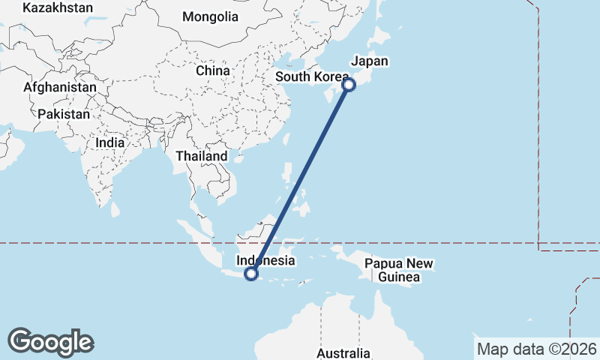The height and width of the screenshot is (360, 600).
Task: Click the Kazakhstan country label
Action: tap(58, 7)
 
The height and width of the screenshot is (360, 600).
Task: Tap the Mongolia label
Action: tap(210, 16)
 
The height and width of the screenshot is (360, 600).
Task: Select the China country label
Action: tap(211, 70)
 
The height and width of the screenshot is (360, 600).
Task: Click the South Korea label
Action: tap(312, 77)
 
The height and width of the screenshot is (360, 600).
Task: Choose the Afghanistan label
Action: tap(60, 87)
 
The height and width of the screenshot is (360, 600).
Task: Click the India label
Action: tap(110, 142)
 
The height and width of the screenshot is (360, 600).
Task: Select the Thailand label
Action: tap(201, 156)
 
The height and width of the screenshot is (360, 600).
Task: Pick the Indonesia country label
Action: tap(265, 261)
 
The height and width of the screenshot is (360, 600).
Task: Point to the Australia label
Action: tap(343, 352)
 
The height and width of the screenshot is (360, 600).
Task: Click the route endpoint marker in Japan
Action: tap(349, 85)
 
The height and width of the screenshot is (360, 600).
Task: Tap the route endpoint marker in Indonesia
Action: tap(251, 274)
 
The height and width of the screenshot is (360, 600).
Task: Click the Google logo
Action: tap(50, 342)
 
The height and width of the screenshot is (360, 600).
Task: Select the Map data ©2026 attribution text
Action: tap(537, 349)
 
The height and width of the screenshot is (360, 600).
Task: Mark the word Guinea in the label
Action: tap(398, 277)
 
